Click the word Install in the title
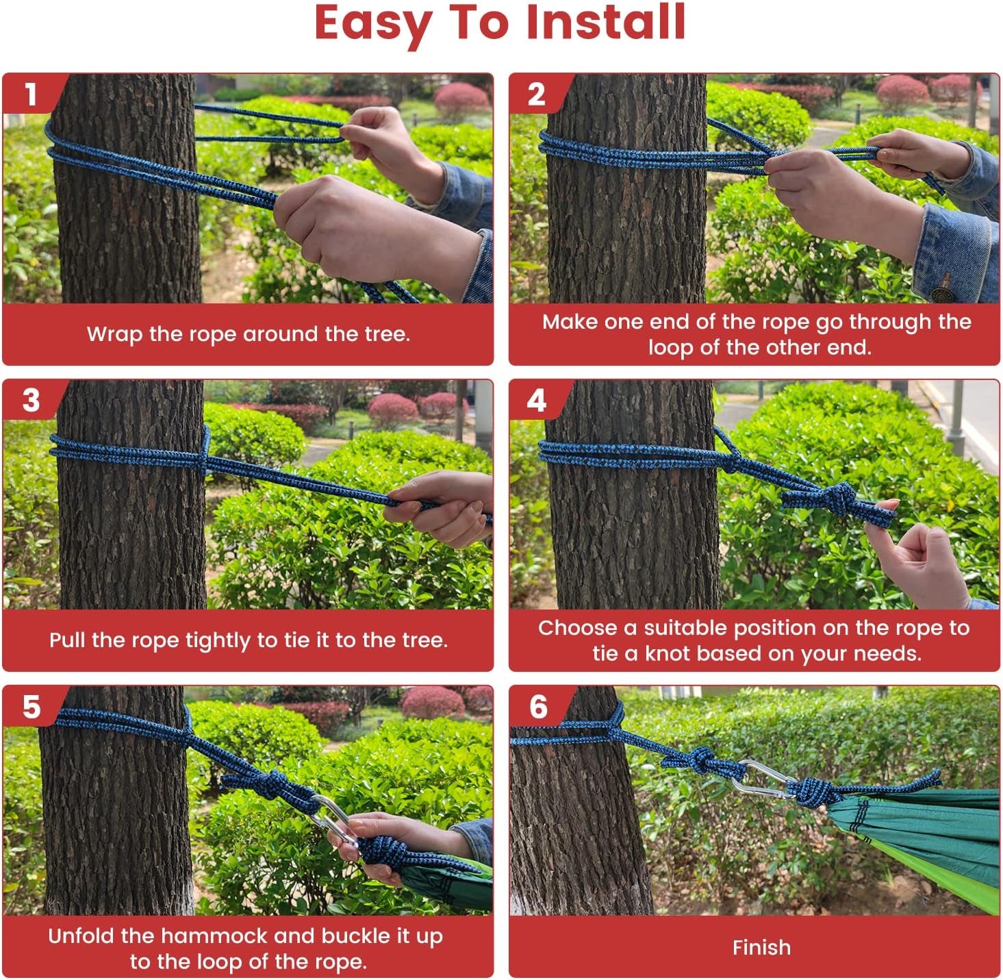606,22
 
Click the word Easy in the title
373,25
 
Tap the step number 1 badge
31,95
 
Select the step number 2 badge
536,95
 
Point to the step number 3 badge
31,401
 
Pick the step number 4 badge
537,401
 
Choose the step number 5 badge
31,707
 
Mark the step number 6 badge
537,707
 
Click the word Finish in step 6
761,948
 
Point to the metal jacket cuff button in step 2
942,294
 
